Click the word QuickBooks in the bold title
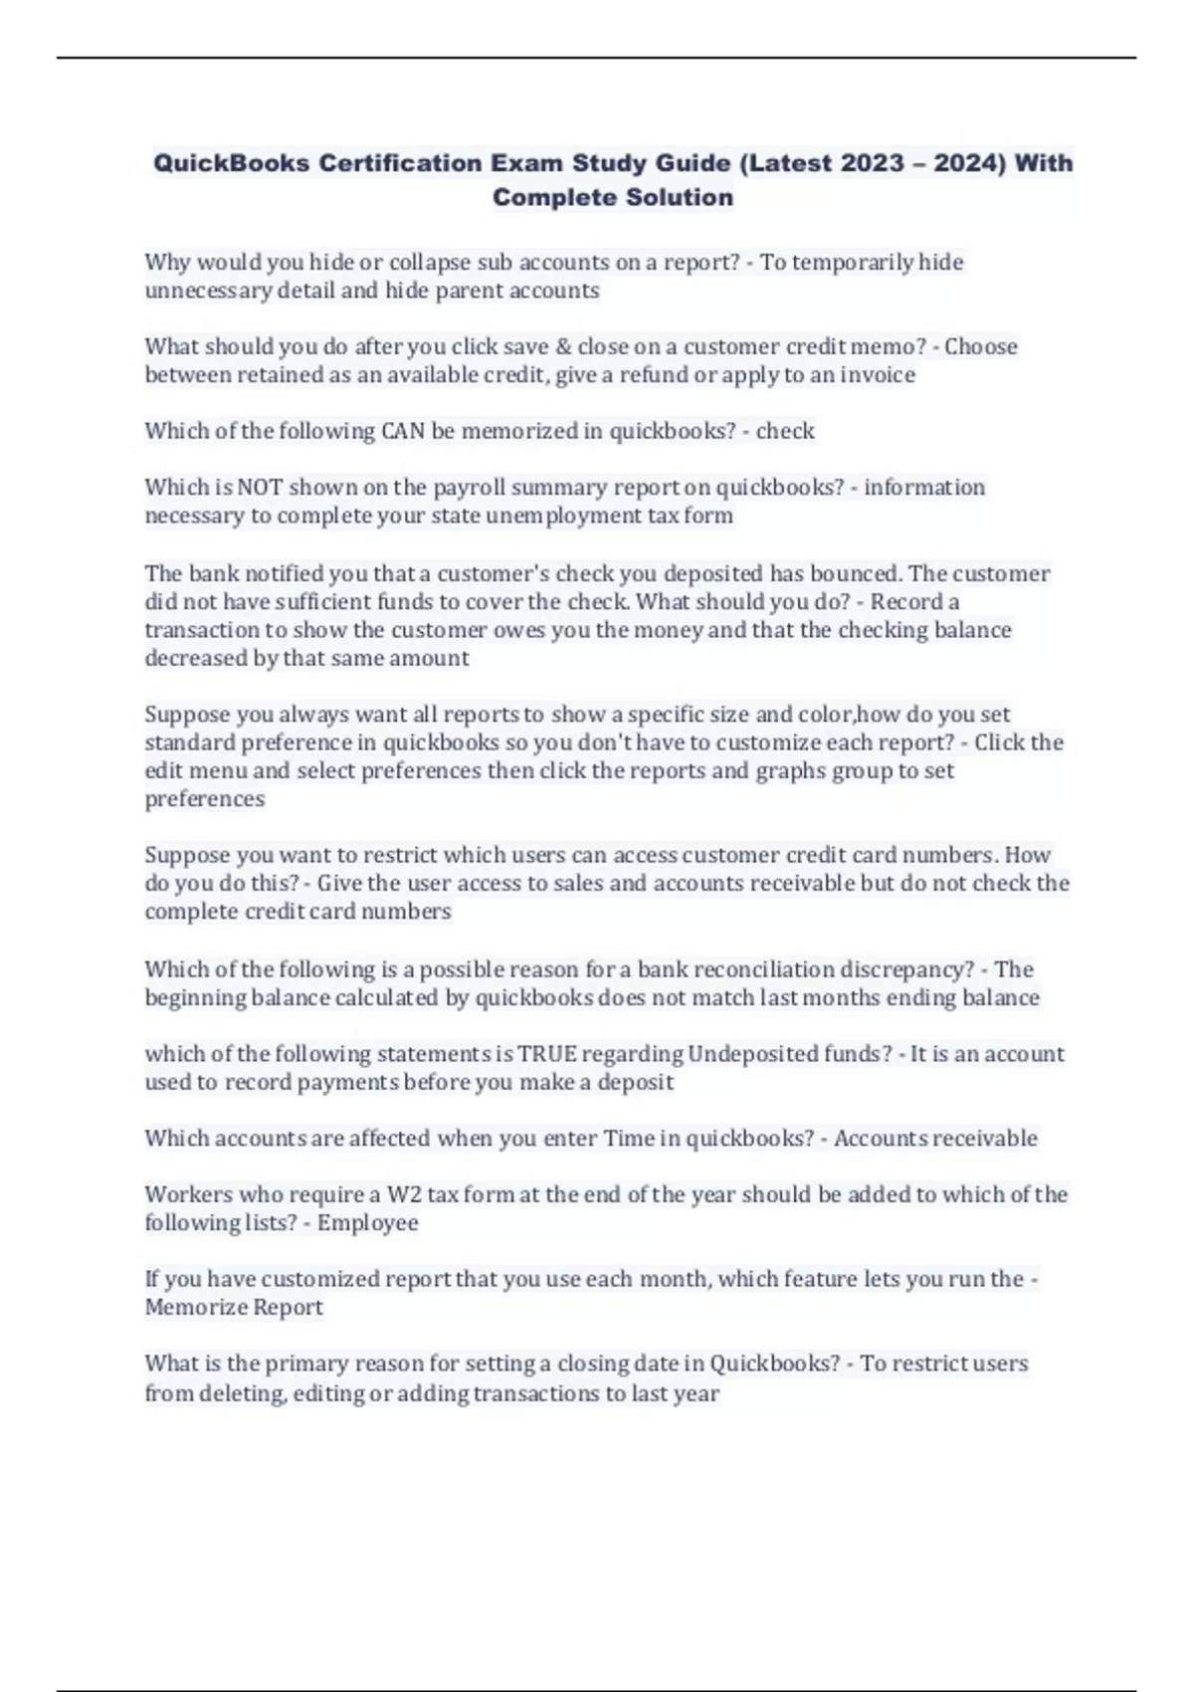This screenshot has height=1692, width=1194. (231, 163)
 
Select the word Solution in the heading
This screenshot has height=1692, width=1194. (681, 197)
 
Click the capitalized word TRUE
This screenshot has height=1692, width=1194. (547, 1054)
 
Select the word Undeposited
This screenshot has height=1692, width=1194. (745, 1054)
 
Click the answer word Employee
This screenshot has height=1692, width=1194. (367, 1222)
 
